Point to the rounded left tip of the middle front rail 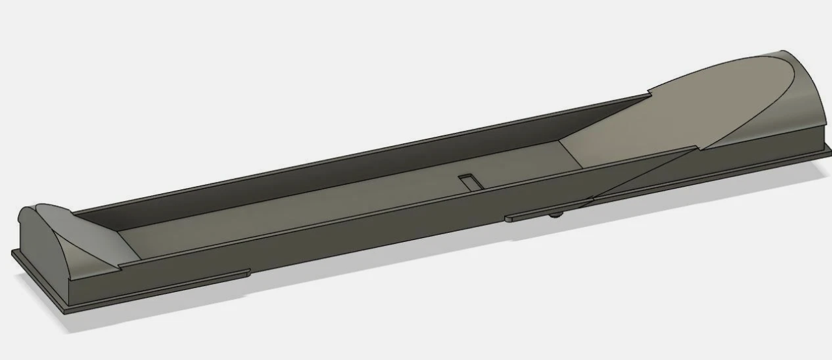click(x=508, y=219)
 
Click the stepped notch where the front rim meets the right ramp click(x=694, y=150)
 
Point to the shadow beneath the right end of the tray click(x=746, y=195)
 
